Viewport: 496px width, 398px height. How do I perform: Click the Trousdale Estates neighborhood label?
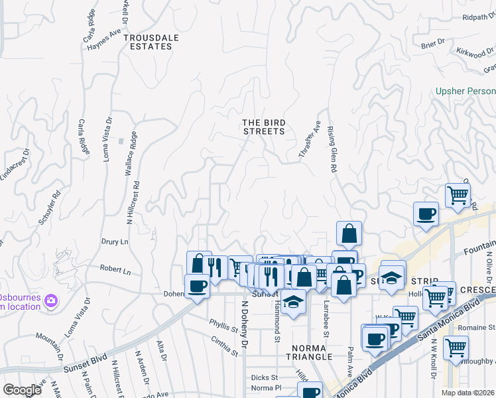coord(151,42)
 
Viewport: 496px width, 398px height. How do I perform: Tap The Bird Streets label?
coord(263,127)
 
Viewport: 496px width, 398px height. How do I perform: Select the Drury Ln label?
coord(114,242)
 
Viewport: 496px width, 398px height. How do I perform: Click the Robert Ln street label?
coord(115,271)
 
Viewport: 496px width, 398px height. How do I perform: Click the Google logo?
coord(23,389)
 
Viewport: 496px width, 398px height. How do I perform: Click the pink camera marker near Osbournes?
coord(51,302)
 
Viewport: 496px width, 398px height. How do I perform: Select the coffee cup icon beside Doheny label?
coord(197,287)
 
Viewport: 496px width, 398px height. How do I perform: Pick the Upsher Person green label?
coord(465,91)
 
